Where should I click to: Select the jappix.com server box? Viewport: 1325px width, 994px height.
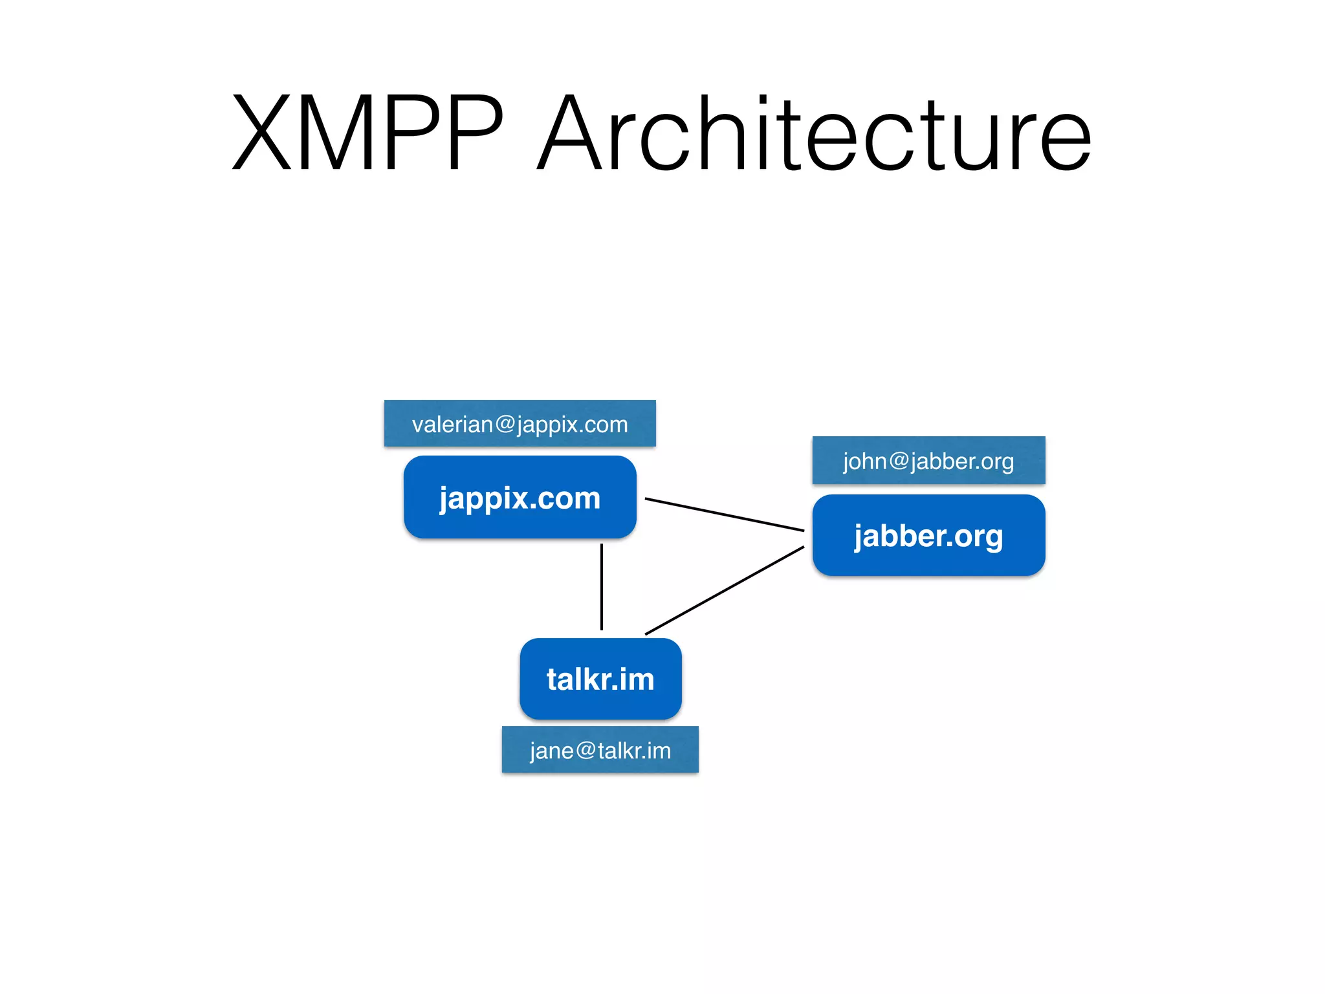(x=520, y=497)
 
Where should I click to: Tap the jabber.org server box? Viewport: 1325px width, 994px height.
(x=928, y=535)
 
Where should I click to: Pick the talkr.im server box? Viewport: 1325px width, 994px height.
(x=600, y=679)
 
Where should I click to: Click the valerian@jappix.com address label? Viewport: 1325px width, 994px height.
(x=520, y=424)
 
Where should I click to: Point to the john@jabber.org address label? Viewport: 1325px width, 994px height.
(x=928, y=461)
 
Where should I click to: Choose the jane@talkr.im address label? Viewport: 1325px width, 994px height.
(x=600, y=750)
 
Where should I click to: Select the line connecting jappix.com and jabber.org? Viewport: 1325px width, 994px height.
(x=725, y=515)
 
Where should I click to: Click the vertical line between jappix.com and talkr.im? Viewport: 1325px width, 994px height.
(x=602, y=586)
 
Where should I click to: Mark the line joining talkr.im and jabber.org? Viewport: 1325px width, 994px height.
(x=725, y=590)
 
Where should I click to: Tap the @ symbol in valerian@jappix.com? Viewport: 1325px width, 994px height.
(x=505, y=424)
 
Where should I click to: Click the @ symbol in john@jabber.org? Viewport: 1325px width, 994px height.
(x=899, y=461)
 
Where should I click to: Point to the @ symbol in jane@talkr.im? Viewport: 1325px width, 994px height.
(x=586, y=750)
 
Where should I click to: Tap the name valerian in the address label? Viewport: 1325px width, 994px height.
(x=452, y=424)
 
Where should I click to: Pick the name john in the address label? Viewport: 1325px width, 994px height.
(x=864, y=461)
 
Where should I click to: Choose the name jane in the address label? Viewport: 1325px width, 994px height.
(x=552, y=751)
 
